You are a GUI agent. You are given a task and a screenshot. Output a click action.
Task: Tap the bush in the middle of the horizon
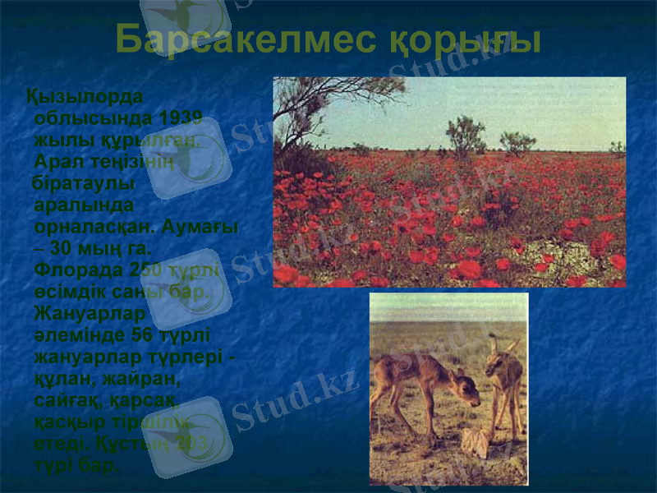pyautogui.click(x=466, y=136)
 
